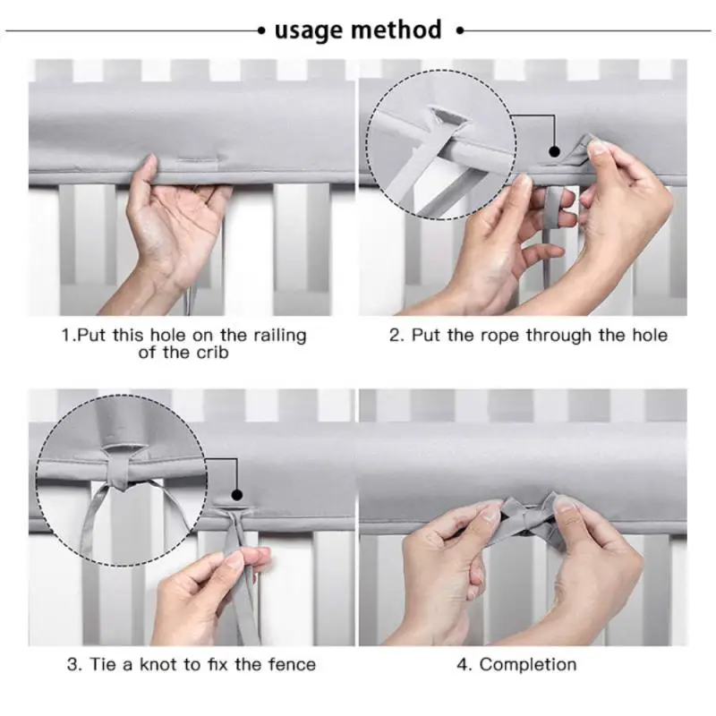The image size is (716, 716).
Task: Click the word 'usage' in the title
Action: point(308,31)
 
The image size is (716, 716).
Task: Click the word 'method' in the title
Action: point(396,30)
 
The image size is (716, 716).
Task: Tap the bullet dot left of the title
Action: point(261,31)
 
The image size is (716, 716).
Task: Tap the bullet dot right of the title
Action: point(460,31)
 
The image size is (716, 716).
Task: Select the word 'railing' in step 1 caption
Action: point(279,335)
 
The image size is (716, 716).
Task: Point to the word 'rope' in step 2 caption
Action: point(499,337)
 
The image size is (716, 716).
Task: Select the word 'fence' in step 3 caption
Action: point(292,664)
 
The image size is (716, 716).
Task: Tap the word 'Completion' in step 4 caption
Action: point(528,664)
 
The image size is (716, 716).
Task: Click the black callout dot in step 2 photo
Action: point(555,151)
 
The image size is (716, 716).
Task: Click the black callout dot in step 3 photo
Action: point(237,495)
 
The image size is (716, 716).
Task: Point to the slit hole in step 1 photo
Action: point(200,160)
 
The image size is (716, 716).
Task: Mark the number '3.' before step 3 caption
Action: point(74,664)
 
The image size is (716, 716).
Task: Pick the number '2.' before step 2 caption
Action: point(396,336)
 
